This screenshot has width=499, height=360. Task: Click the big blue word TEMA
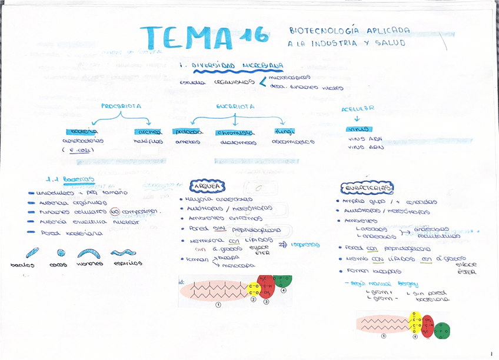[187, 37]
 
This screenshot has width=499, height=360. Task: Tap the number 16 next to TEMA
[254, 35]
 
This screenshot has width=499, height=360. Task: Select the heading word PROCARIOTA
[121, 106]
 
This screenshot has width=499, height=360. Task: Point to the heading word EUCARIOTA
[235, 106]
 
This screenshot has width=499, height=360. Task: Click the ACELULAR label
[358, 109]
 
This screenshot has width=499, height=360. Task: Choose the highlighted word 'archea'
[148, 132]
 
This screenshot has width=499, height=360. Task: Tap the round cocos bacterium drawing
[61, 253]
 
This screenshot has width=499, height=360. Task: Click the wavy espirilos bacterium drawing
[124, 253]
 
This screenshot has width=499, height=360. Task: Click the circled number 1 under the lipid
[218, 305]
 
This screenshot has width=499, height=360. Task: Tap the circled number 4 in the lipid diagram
[283, 290]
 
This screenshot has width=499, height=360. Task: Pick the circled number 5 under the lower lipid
[384, 336]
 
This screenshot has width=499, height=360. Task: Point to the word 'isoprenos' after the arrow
[305, 244]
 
